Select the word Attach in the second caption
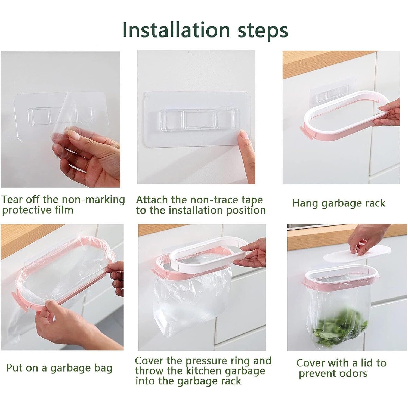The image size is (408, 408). [x=152, y=200]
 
